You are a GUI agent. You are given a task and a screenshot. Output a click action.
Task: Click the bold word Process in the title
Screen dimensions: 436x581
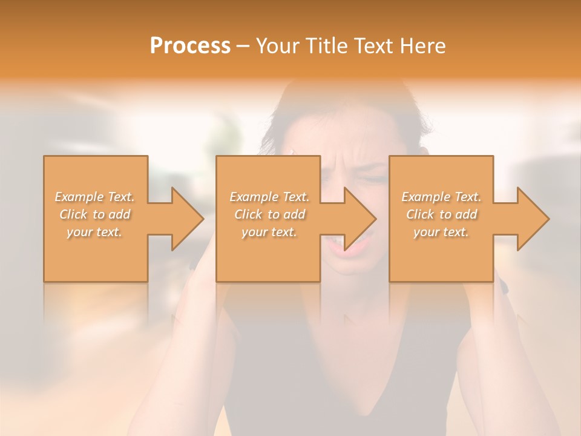click(x=190, y=46)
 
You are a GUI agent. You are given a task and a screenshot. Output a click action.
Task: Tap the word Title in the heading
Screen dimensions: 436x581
click(x=326, y=46)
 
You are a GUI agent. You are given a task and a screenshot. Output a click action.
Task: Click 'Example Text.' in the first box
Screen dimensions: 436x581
click(x=95, y=197)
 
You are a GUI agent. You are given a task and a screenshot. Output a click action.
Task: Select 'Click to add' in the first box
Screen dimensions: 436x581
click(x=95, y=214)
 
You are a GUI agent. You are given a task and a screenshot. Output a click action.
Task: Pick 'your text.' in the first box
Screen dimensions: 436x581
click(x=95, y=232)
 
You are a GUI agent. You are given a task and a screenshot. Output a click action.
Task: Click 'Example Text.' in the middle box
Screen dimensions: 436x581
click(x=269, y=197)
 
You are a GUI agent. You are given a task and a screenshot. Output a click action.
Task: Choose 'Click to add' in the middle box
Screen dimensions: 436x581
click(x=269, y=214)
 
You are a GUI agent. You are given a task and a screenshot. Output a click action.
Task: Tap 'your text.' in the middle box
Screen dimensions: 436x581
click(x=269, y=232)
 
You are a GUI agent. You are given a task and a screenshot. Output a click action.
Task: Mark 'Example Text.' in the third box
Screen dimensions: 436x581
click(x=441, y=197)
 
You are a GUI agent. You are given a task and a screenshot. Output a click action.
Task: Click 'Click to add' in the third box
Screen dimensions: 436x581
click(x=441, y=214)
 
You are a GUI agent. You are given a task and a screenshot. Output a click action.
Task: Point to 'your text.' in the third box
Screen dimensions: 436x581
click(x=441, y=232)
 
